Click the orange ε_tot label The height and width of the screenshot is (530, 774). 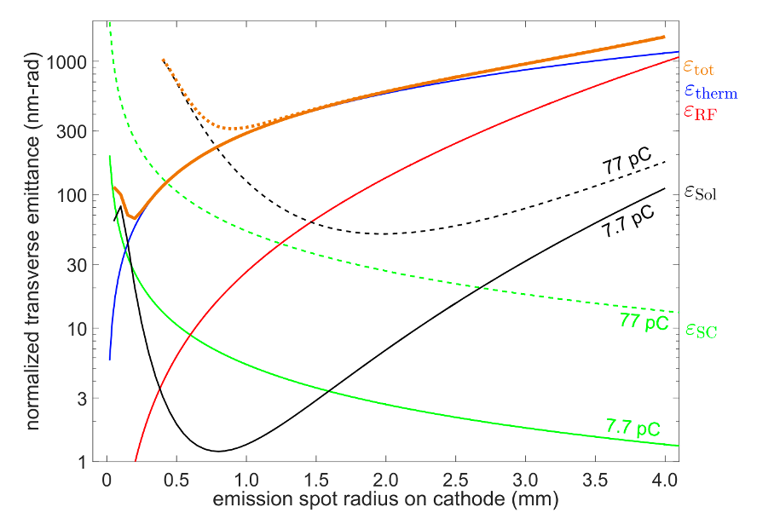click(x=698, y=66)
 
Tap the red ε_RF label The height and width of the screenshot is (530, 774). click(x=700, y=112)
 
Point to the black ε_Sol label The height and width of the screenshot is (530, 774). click(x=700, y=193)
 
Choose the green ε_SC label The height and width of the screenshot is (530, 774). click(x=701, y=330)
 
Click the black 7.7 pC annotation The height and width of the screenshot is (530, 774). click(x=629, y=221)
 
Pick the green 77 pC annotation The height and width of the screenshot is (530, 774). click(x=644, y=322)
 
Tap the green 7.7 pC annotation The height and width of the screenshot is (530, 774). click(x=633, y=425)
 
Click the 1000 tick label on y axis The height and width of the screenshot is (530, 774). click(x=67, y=63)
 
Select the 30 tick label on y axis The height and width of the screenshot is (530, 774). click(x=76, y=265)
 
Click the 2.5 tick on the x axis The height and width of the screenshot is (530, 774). click(x=456, y=480)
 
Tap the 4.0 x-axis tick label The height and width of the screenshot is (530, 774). click(x=665, y=480)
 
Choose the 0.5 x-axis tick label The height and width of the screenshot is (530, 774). click(x=176, y=480)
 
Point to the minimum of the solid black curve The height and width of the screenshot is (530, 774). click(x=218, y=451)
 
